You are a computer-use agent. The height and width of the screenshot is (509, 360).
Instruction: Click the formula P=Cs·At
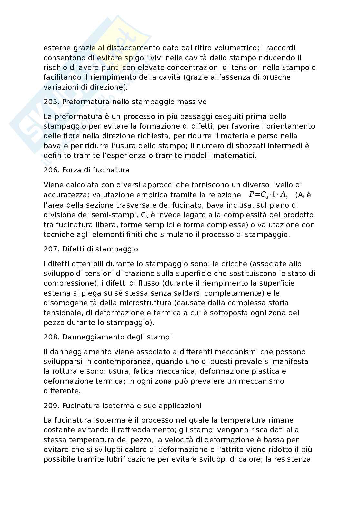[x=268, y=195]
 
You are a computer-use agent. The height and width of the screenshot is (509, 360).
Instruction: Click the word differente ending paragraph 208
[x=62, y=391]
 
